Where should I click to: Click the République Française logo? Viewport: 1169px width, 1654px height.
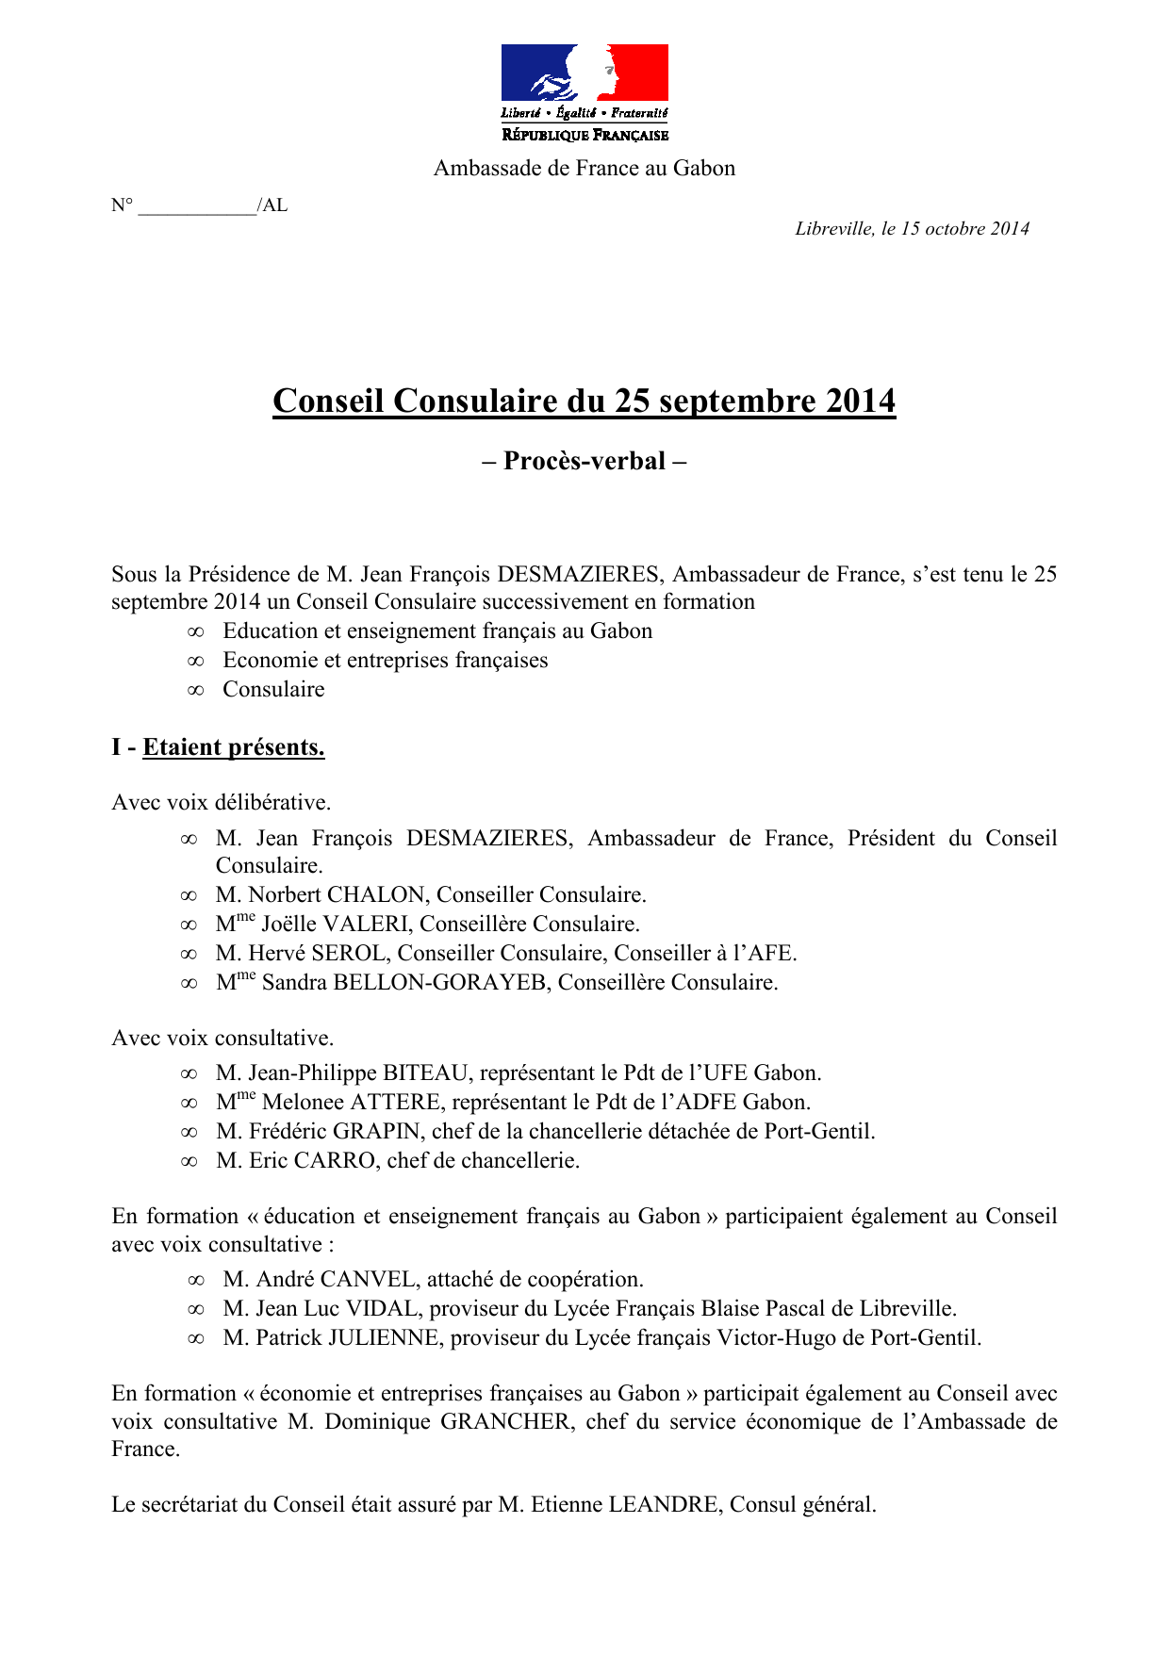(584, 92)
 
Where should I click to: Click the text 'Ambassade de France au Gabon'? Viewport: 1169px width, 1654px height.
(584, 169)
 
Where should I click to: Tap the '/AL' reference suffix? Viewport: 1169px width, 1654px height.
(272, 205)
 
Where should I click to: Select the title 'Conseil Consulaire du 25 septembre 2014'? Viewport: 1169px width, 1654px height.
(584, 401)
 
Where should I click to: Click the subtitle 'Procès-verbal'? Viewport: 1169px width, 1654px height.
(584, 461)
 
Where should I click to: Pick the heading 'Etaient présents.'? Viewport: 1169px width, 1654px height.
(234, 747)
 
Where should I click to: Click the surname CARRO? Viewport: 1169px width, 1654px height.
(335, 1161)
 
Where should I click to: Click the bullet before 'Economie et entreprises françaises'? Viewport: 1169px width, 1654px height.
(195, 661)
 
